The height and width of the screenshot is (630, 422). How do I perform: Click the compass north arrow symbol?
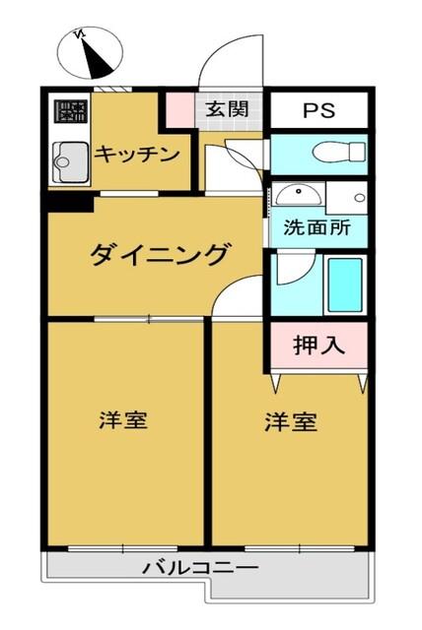pos(91,54)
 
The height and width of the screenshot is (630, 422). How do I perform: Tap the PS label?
pos(318,110)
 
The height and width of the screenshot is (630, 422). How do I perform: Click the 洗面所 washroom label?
pos(316,227)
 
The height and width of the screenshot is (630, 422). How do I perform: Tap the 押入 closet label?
pos(318,345)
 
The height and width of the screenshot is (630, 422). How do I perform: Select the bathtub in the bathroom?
pos(344,284)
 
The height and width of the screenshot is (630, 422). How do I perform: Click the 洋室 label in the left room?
pos(123,421)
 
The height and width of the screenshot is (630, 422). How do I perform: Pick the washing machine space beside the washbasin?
pos(346,196)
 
